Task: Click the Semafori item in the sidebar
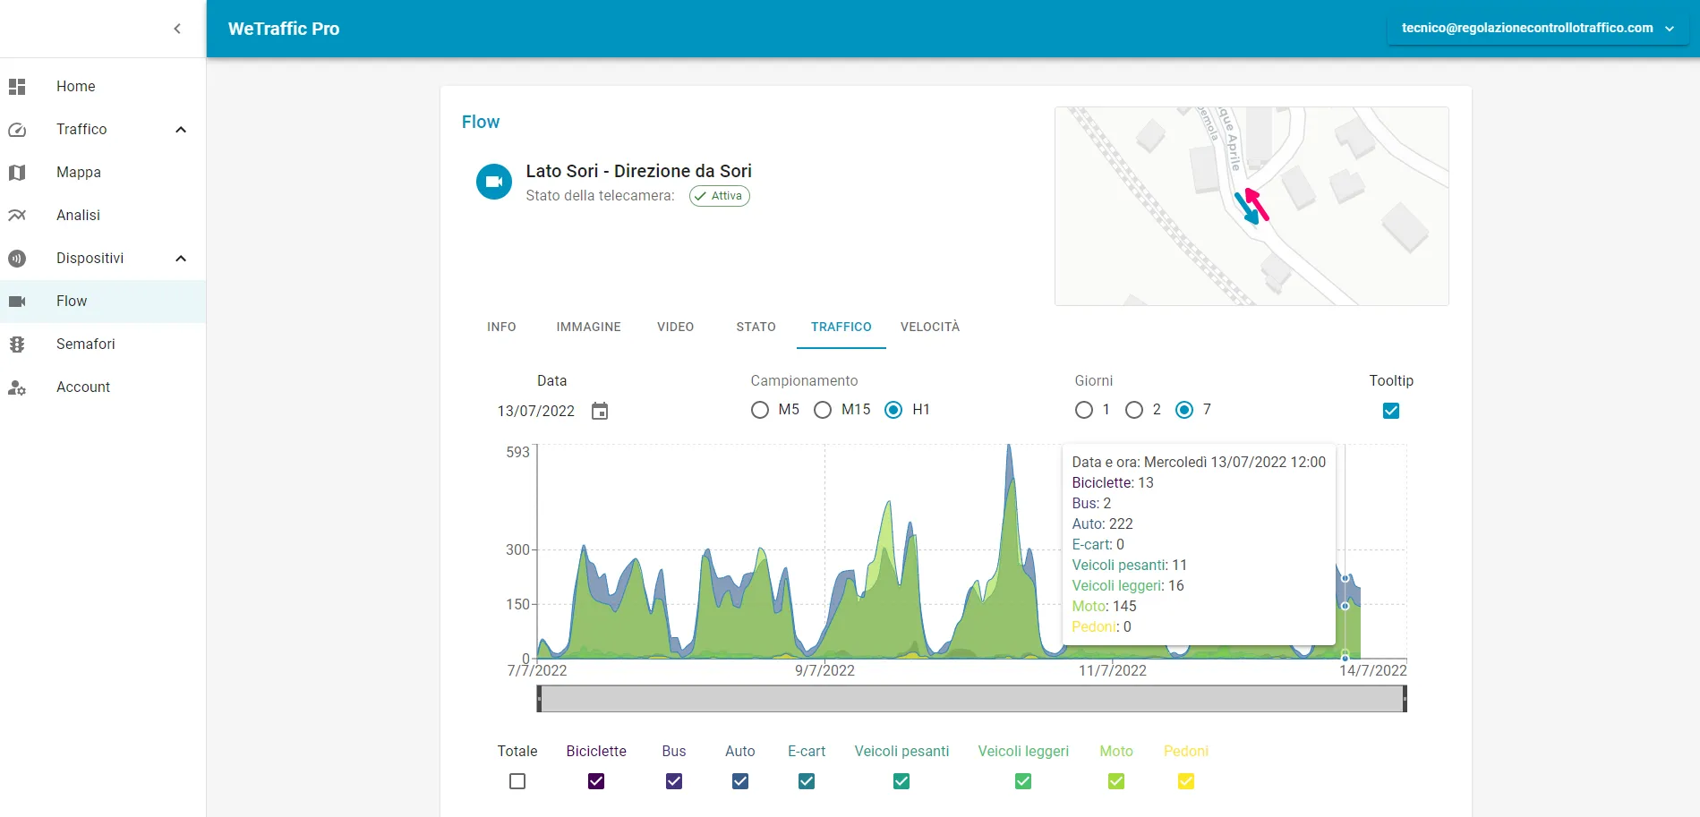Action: (x=85, y=344)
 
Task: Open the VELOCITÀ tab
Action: (x=929, y=327)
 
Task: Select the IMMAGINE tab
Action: (x=588, y=327)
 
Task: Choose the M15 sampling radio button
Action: (x=823, y=410)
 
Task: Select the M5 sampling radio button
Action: (x=760, y=410)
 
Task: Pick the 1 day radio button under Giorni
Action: (x=1084, y=410)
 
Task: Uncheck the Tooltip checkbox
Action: (x=1390, y=411)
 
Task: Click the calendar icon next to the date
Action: (x=600, y=411)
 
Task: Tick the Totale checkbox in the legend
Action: (x=517, y=781)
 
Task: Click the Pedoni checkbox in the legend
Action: (x=1185, y=781)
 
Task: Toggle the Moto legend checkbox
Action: (x=1115, y=781)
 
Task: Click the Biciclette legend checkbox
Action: (x=596, y=781)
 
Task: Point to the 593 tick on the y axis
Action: (x=518, y=452)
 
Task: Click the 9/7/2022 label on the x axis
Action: (x=824, y=670)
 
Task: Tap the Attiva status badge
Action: (x=719, y=196)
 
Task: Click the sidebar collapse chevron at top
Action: (x=177, y=29)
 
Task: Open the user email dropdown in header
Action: (x=1537, y=29)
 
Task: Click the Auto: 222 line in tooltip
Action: (x=1102, y=523)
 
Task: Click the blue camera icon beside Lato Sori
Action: (x=493, y=182)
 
